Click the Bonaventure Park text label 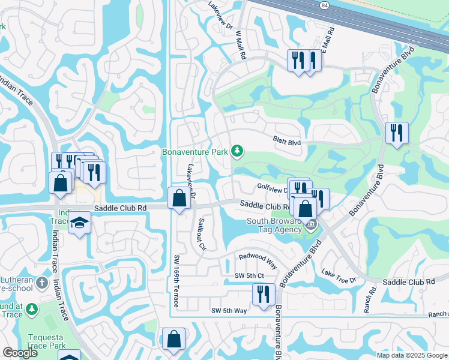tap(194, 152)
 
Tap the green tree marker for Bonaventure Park tap(238, 151)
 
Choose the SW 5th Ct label tap(250, 275)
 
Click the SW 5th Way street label tap(229, 310)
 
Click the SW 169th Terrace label tap(176, 280)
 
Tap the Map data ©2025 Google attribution tap(411, 355)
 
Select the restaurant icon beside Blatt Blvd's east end tap(397, 132)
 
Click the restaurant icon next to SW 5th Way tap(264, 295)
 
